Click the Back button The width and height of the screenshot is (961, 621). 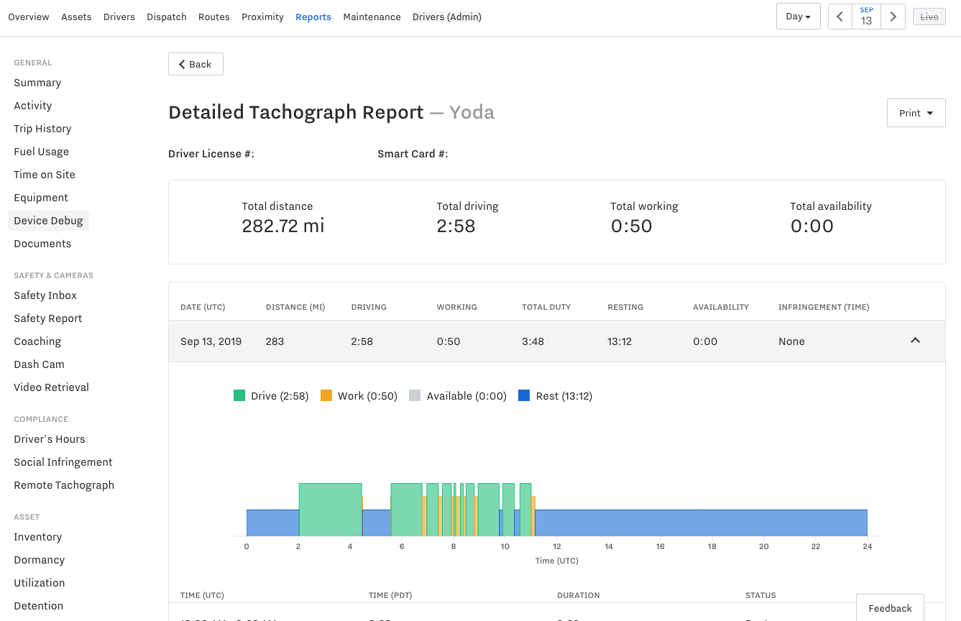196,64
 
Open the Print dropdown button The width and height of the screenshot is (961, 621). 916,113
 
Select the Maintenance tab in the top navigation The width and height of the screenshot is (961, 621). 372,17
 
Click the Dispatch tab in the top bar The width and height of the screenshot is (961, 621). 167,17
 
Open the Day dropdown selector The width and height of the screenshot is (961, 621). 798,17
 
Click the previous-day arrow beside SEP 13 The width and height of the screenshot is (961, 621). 840,17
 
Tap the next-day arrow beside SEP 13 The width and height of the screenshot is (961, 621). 893,17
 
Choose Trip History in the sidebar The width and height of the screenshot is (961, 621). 42,129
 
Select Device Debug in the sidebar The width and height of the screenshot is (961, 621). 48,221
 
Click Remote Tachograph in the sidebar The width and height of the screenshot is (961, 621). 64,485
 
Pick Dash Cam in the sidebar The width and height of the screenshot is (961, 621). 39,364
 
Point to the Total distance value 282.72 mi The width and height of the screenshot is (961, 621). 283,226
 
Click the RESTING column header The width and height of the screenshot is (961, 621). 625,307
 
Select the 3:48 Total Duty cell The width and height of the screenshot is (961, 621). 533,341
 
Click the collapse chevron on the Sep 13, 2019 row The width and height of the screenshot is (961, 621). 915,341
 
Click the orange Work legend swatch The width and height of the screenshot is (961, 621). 326,396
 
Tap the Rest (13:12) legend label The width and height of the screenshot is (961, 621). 564,396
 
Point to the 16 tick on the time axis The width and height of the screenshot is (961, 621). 660,546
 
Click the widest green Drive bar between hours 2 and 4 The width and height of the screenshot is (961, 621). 330,510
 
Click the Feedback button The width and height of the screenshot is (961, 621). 890,608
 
